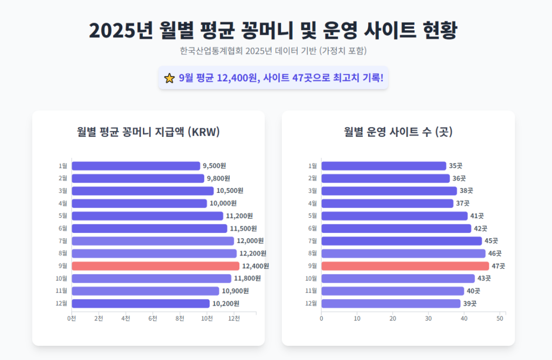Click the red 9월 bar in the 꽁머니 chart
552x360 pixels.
click(155, 266)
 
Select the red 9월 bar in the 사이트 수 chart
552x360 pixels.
click(405, 266)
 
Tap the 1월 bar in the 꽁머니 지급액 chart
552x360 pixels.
click(136, 166)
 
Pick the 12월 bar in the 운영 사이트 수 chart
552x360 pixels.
click(391, 303)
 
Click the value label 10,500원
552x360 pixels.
click(230, 191)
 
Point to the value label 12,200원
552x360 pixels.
click(252, 253)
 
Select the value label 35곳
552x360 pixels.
click(456, 166)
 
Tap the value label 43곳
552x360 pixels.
click(484, 279)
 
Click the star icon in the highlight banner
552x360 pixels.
click(169, 78)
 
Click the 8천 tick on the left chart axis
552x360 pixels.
click(180, 319)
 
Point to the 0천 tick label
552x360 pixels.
click(72, 319)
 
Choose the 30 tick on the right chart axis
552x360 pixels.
click(429, 319)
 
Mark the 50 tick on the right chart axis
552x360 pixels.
click(500, 319)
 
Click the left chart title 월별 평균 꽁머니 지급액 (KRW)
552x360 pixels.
click(148, 132)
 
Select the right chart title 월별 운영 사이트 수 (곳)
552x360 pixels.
click(398, 132)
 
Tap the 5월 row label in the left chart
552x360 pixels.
click(63, 216)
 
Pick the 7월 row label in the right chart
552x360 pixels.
click(313, 241)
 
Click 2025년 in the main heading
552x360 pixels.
click(121, 30)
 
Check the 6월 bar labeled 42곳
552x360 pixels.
click(396, 229)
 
